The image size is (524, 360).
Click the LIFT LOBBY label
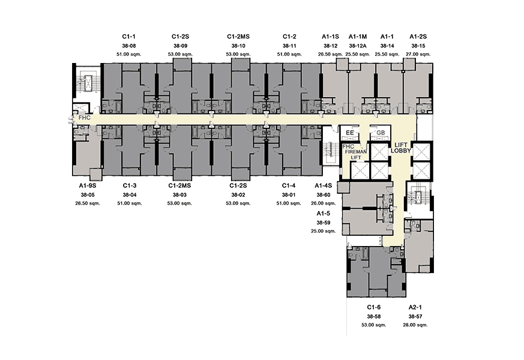(401, 148)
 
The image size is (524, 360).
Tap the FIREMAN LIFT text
(356, 155)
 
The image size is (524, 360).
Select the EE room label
(350, 133)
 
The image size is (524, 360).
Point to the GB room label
(381, 133)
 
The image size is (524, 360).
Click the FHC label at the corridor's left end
(85, 118)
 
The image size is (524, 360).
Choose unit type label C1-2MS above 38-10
(238, 37)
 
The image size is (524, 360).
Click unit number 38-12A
(358, 46)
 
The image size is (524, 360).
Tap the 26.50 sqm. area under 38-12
(331, 54)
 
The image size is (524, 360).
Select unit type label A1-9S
(88, 185)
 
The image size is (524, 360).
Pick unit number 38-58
(373, 317)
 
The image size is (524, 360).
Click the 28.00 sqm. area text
(415, 325)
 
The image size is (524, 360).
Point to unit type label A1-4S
(324, 185)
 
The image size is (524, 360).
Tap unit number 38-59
(324, 223)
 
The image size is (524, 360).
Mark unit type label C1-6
(373, 307)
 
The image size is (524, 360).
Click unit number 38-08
(129, 46)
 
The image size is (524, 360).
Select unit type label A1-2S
(418, 37)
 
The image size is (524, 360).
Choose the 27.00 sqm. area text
(418, 54)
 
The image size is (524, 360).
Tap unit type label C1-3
(130, 185)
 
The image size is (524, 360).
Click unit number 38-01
(289, 195)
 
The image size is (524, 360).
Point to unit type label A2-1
(415, 307)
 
